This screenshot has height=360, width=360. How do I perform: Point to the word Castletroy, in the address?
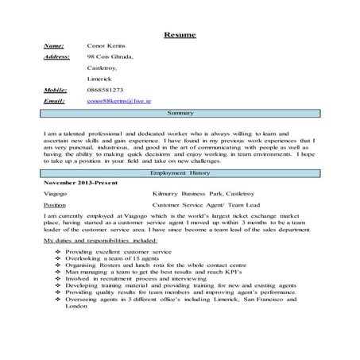(104, 69)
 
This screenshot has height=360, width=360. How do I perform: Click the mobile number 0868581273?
(106, 91)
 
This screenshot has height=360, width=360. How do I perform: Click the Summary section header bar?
(180, 114)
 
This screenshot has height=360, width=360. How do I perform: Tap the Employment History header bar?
(180, 172)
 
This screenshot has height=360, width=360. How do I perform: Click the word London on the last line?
(77, 306)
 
